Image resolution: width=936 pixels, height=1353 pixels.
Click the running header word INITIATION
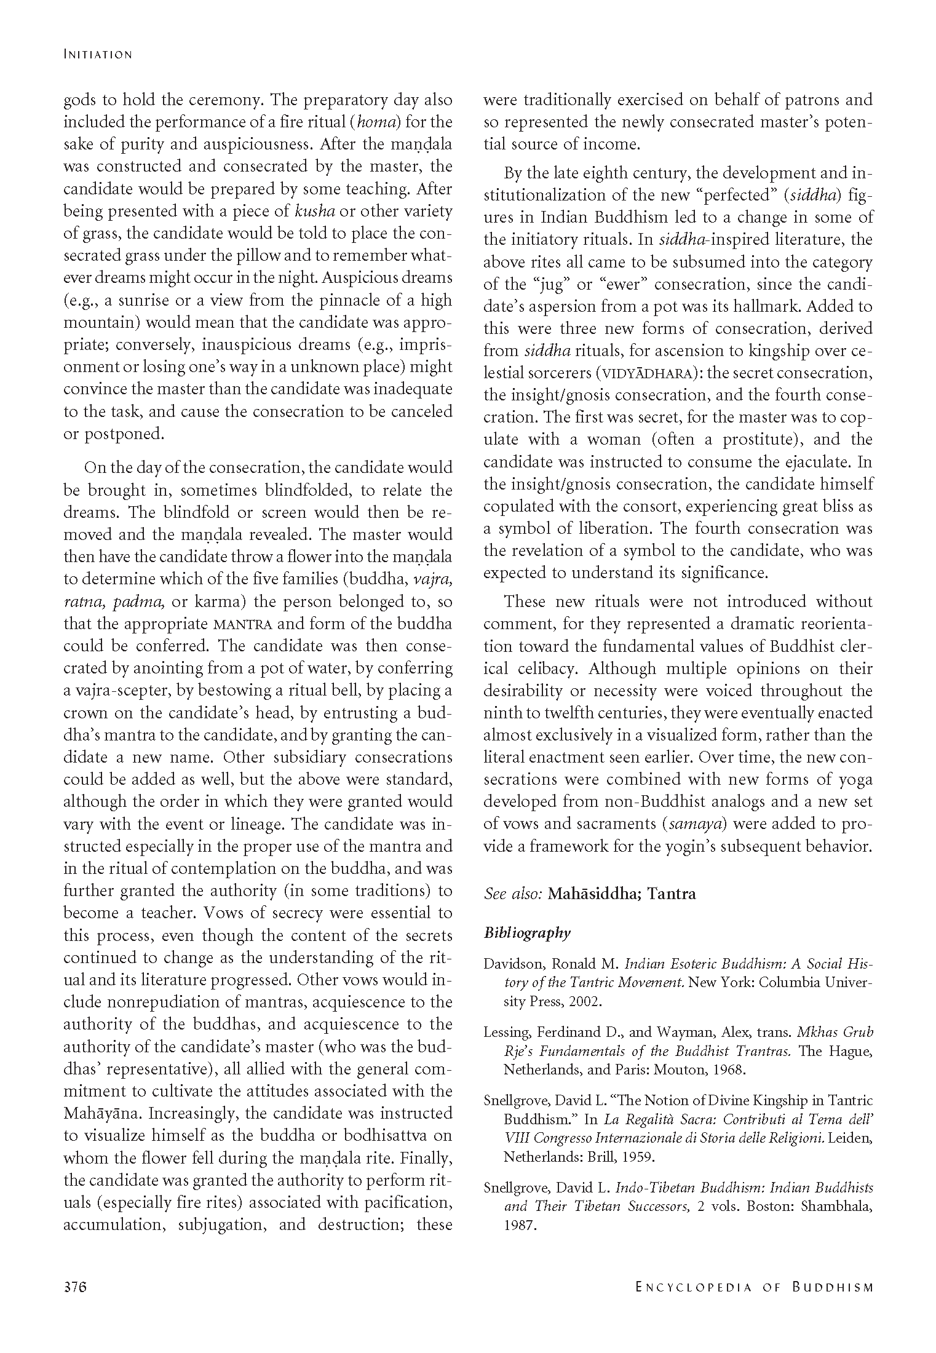tap(98, 55)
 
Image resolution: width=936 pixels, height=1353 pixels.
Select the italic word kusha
tap(315, 211)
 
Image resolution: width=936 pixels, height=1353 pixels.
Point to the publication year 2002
tap(584, 1002)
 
